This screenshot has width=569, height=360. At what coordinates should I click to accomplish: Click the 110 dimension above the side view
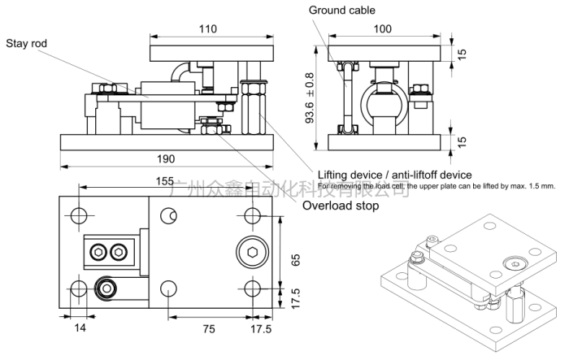(x=208, y=29)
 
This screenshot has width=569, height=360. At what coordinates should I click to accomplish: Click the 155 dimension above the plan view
(x=165, y=181)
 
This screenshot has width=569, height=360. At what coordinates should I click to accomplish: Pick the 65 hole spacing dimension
(x=297, y=260)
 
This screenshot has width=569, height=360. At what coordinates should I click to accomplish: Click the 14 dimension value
(x=80, y=329)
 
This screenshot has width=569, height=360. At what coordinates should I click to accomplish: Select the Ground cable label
(x=341, y=10)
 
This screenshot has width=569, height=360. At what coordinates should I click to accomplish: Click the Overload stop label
(x=341, y=206)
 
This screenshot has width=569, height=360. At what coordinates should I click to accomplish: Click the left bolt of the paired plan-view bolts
(x=99, y=251)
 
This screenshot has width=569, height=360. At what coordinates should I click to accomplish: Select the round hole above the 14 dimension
(x=79, y=289)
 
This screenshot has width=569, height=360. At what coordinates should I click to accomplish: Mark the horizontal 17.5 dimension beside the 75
(x=261, y=329)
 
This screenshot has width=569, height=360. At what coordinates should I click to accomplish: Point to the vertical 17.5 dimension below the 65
(x=297, y=299)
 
